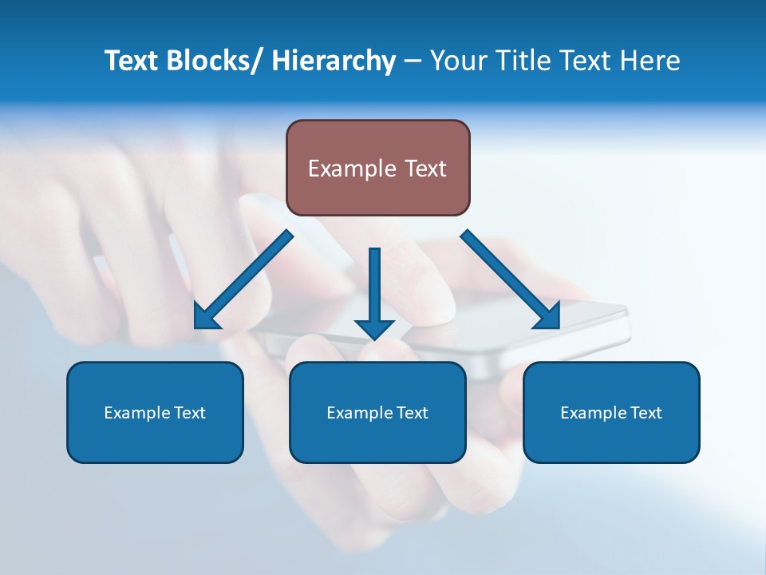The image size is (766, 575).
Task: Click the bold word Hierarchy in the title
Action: tap(334, 61)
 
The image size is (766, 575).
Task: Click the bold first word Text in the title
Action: tap(132, 61)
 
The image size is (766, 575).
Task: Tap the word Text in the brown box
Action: tap(425, 169)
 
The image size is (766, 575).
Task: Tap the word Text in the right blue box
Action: tap(645, 413)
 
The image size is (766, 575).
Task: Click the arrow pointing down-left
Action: tap(243, 280)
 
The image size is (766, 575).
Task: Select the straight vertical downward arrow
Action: tap(374, 287)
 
